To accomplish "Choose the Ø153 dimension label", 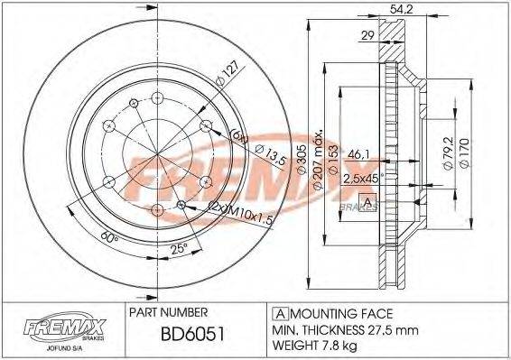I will click(332, 154).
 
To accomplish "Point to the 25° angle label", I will click(179, 249).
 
